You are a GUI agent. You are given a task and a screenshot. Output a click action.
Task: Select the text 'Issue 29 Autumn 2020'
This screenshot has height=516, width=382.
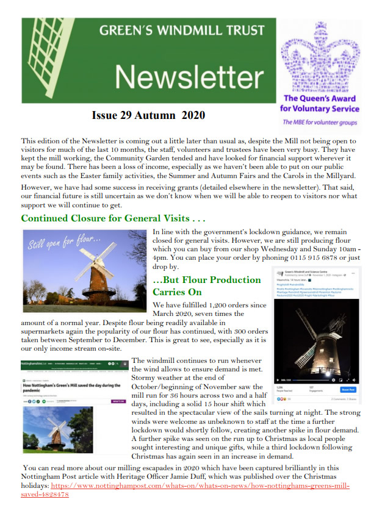coord(148,115)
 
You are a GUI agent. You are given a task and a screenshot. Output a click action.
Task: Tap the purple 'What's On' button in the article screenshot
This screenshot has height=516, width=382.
coord(118,401)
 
